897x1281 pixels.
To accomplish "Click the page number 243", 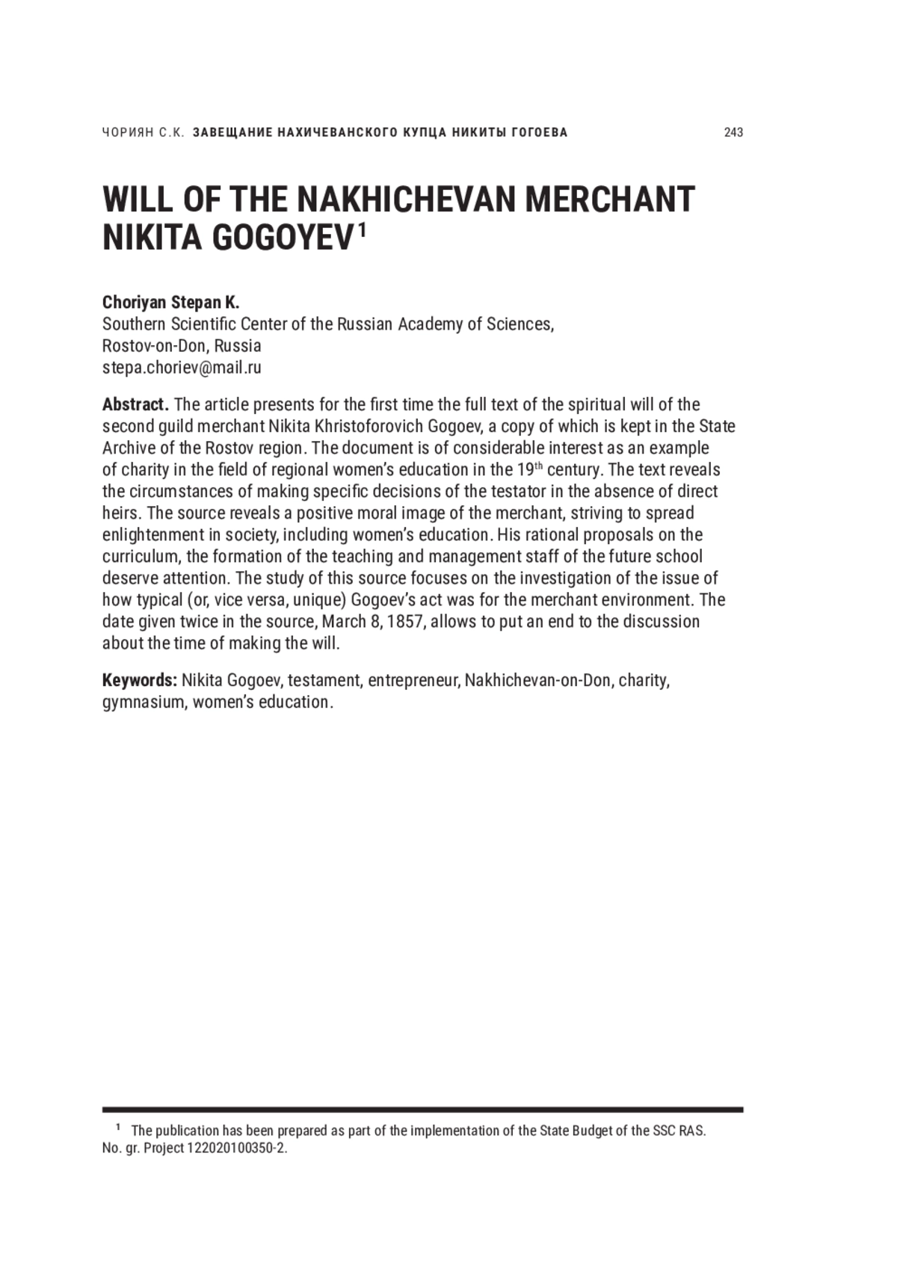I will pos(733,132).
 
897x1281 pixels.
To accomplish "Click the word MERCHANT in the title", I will pos(610,200).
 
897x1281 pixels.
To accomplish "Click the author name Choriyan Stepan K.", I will pos(170,303).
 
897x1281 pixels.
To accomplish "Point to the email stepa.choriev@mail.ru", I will pos(182,368).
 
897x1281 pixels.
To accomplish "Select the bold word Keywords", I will pos(139,681).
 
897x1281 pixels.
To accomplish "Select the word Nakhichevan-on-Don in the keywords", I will pos(537,681).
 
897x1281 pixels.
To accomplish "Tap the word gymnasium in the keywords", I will pos(143,703).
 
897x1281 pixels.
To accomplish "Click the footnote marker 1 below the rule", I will pos(118,1128).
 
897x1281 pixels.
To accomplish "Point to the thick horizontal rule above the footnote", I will pos(422,1110).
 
